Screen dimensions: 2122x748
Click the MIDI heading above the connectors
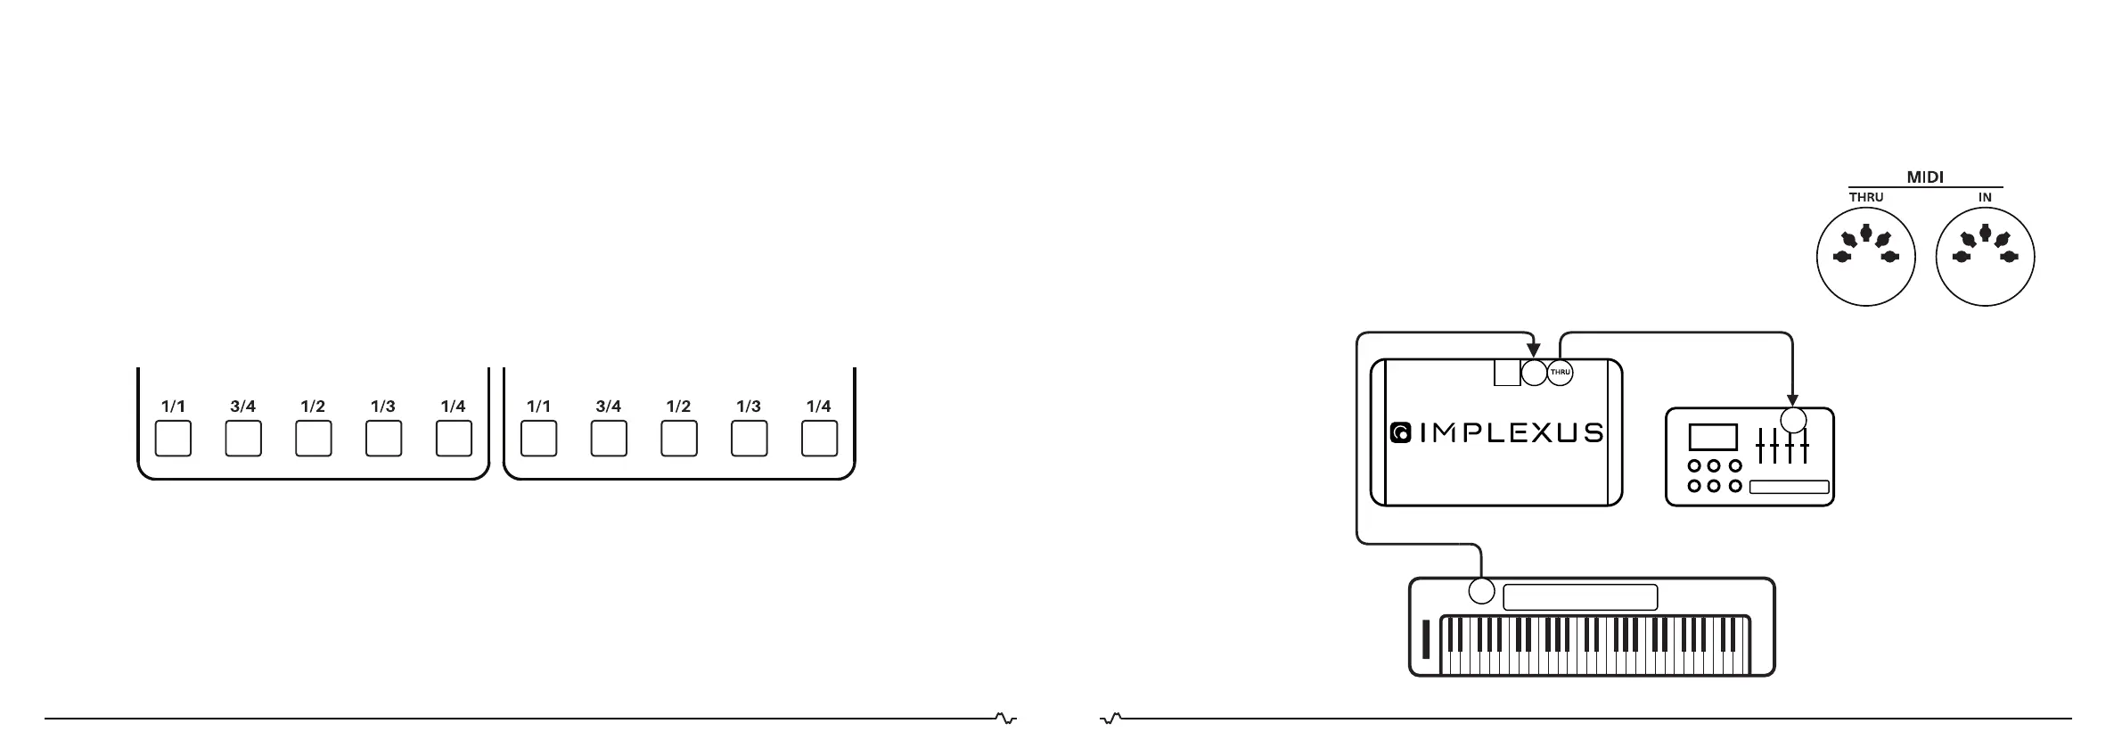[x=1924, y=177]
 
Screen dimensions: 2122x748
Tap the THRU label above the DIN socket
[x=1865, y=197]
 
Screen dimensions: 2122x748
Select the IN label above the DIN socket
[x=1985, y=197]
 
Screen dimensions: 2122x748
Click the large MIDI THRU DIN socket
[x=1865, y=257]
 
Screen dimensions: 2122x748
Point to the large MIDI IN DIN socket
[x=1985, y=257]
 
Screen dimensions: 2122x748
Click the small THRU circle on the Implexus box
[x=1560, y=372]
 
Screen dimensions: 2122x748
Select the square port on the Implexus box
[x=1507, y=373]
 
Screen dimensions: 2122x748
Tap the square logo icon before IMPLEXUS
[x=1400, y=433]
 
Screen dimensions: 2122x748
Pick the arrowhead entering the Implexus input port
[x=1533, y=350]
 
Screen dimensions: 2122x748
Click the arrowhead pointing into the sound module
[x=1792, y=400]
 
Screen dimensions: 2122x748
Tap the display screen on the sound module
[x=1713, y=437]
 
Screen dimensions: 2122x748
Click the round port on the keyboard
[x=1481, y=590]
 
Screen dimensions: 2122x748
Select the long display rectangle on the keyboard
[x=1580, y=597]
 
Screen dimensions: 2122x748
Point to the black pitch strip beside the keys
[x=1426, y=639]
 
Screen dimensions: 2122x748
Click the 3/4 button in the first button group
[x=243, y=439]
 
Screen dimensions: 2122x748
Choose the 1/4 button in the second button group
[x=819, y=439]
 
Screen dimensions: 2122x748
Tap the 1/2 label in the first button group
[x=313, y=407]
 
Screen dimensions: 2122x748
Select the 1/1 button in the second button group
[x=538, y=439]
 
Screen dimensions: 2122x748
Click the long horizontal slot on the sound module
[x=1789, y=487]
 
